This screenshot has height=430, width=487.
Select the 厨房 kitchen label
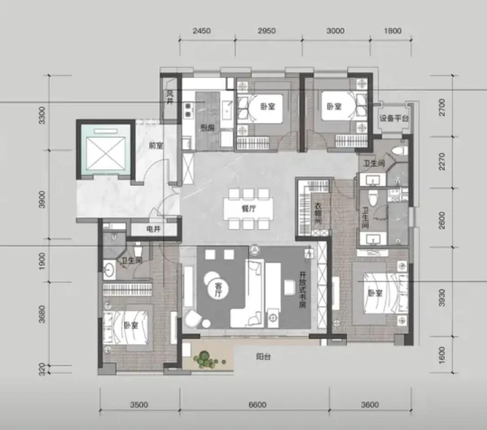click(207, 128)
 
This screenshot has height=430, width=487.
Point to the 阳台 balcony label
click(263, 357)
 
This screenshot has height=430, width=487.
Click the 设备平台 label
click(394, 119)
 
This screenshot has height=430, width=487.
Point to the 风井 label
click(170, 96)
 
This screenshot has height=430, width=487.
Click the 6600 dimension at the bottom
click(257, 405)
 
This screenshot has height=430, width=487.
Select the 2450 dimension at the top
click(202, 31)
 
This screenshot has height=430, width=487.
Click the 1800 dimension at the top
click(393, 31)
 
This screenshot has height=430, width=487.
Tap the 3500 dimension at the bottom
click(139, 405)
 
